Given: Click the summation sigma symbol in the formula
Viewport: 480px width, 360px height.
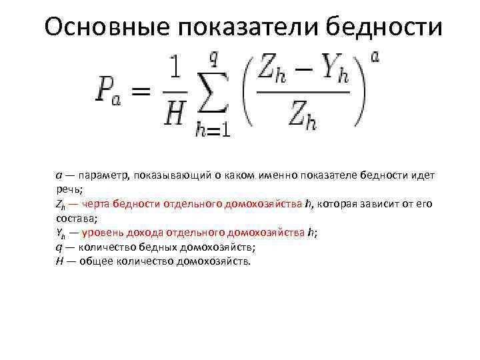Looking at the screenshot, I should (x=212, y=94).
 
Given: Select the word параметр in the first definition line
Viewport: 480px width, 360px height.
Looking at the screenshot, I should (x=103, y=175).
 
